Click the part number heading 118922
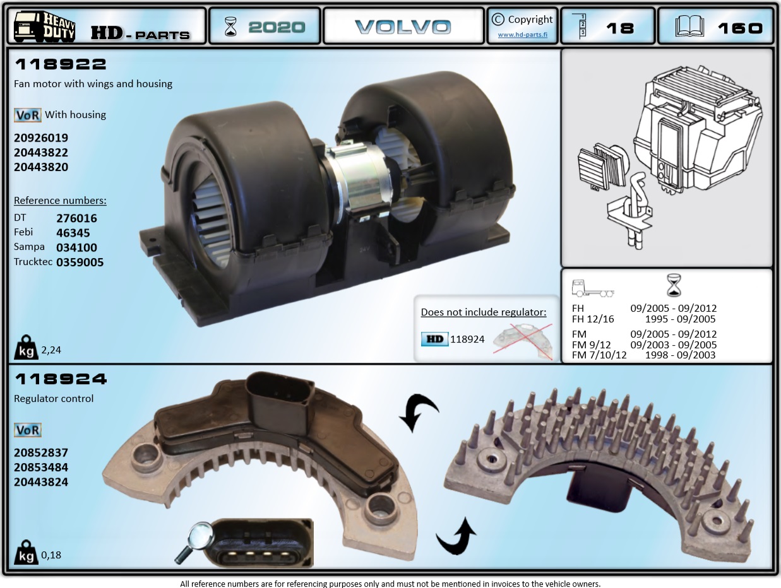pyautogui.click(x=60, y=64)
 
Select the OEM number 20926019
pyautogui.click(x=41, y=138)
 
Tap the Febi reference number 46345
pyautogui.click(x=73, y=233)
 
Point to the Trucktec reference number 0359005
pyautogui.click(x=80, y=262)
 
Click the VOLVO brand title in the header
pyautogui.click(x=403, y=27)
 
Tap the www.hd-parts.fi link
pyautogui.click(x=523, y=35)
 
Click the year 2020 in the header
pyautogui.click(x=276, y=27)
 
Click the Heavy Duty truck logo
pyautogui.click(x=44, y=26)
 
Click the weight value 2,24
pyautogui.click(x=51, y=350)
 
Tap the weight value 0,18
pyautogui.click(x=51, y=555)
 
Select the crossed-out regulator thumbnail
pyautogui.click(x=522, y=339)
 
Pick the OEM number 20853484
pyautogui.click(x=41, y=467)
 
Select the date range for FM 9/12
pyautogui.click(x=673, y=345)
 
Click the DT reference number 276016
pyautogui.click(x=76, y=218)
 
